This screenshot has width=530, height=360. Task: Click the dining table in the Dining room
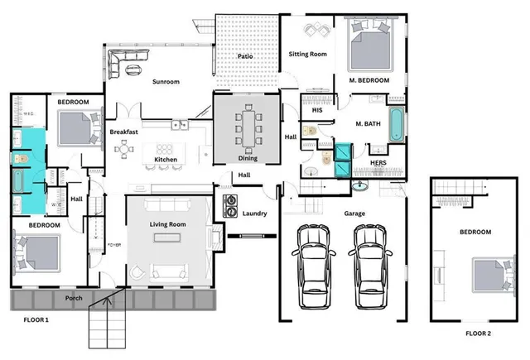247,128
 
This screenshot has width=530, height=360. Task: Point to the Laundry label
254,214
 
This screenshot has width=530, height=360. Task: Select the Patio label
245,56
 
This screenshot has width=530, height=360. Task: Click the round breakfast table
125,149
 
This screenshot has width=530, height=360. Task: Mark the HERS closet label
378,162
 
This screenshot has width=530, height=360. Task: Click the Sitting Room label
307,55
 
